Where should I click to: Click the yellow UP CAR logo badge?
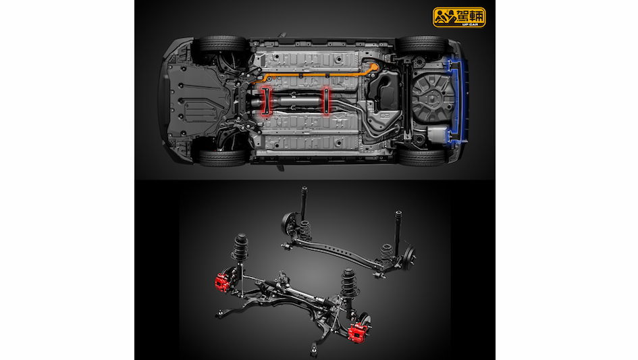(x=459, y=17)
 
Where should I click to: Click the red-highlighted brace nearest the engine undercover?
(x=266, y=101)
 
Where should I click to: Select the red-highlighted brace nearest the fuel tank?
(x=326, y=101)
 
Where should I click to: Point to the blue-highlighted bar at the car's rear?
(x=456, y=102)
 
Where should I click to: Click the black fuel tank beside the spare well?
(x=383, y=92)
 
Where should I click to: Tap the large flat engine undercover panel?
(x=195, y=100)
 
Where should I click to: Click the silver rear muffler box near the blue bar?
(x=437, y=134)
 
